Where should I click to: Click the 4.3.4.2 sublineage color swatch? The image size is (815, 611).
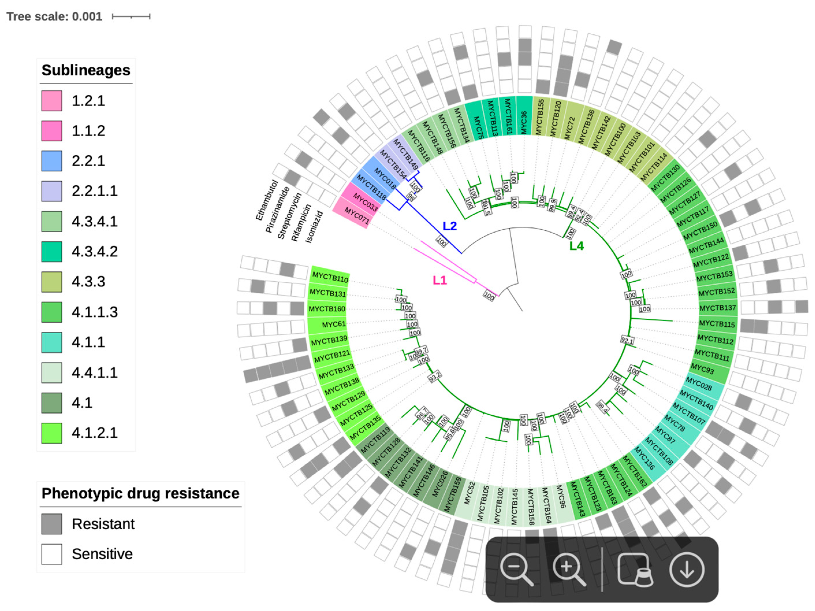(x=52, y=252)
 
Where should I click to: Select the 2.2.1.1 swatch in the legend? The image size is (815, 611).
(x=52, y=191)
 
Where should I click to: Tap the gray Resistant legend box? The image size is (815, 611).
(x=52, y=524)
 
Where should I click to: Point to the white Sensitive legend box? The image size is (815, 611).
(x=52, y=554)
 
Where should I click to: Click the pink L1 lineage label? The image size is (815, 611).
(x=440, y=280)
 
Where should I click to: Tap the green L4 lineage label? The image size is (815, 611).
(x=576, y=246)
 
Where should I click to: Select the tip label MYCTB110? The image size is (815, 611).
(x=330, y=277)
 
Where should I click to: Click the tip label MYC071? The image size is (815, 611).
(x=356, y=216)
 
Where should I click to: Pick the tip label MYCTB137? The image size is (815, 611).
(x=717, y=308)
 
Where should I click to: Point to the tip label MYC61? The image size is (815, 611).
(x=333, y=324)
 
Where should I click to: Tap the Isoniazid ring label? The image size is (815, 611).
(x=314, y=227)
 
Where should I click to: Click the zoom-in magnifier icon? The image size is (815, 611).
(x=568, y=569)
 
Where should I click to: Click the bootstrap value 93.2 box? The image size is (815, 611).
(x=435, y=377)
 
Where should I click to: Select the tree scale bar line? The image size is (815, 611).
(x=131, y=16)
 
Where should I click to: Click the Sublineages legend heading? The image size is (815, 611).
(x=86, y=70)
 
